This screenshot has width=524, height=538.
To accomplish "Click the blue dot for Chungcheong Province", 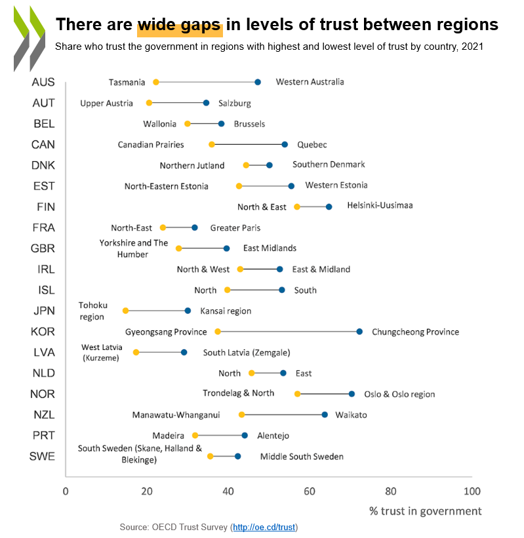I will [x=359, y=332].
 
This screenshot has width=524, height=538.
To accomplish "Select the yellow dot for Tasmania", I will [x=155, y=82].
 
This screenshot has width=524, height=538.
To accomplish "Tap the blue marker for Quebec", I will [x=285, y=144].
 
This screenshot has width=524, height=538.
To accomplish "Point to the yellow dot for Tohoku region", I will [x=125, y=311].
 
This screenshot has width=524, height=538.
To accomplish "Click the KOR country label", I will [x=43, y=332].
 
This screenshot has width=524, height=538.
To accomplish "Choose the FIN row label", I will [x=44, y=207].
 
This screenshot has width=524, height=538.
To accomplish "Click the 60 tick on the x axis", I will [x=310, y=491].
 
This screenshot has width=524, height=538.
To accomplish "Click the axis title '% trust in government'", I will [x=425, y=511].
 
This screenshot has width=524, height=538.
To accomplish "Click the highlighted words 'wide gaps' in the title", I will [x=180, y=25].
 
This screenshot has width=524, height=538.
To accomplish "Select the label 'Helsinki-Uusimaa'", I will [x=380, y=205].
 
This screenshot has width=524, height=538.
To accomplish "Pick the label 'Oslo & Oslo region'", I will [x=399, y=394].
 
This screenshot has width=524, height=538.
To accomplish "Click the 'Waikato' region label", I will [x=351, y=415].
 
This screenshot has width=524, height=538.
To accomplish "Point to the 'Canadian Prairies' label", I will [x=151, y=144].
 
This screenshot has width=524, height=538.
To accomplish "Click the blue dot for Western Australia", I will [x=258, y=82].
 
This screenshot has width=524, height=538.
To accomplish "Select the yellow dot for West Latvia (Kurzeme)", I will [x=136, y=353].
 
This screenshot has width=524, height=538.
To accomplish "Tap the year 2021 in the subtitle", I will [x=472, y=47].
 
